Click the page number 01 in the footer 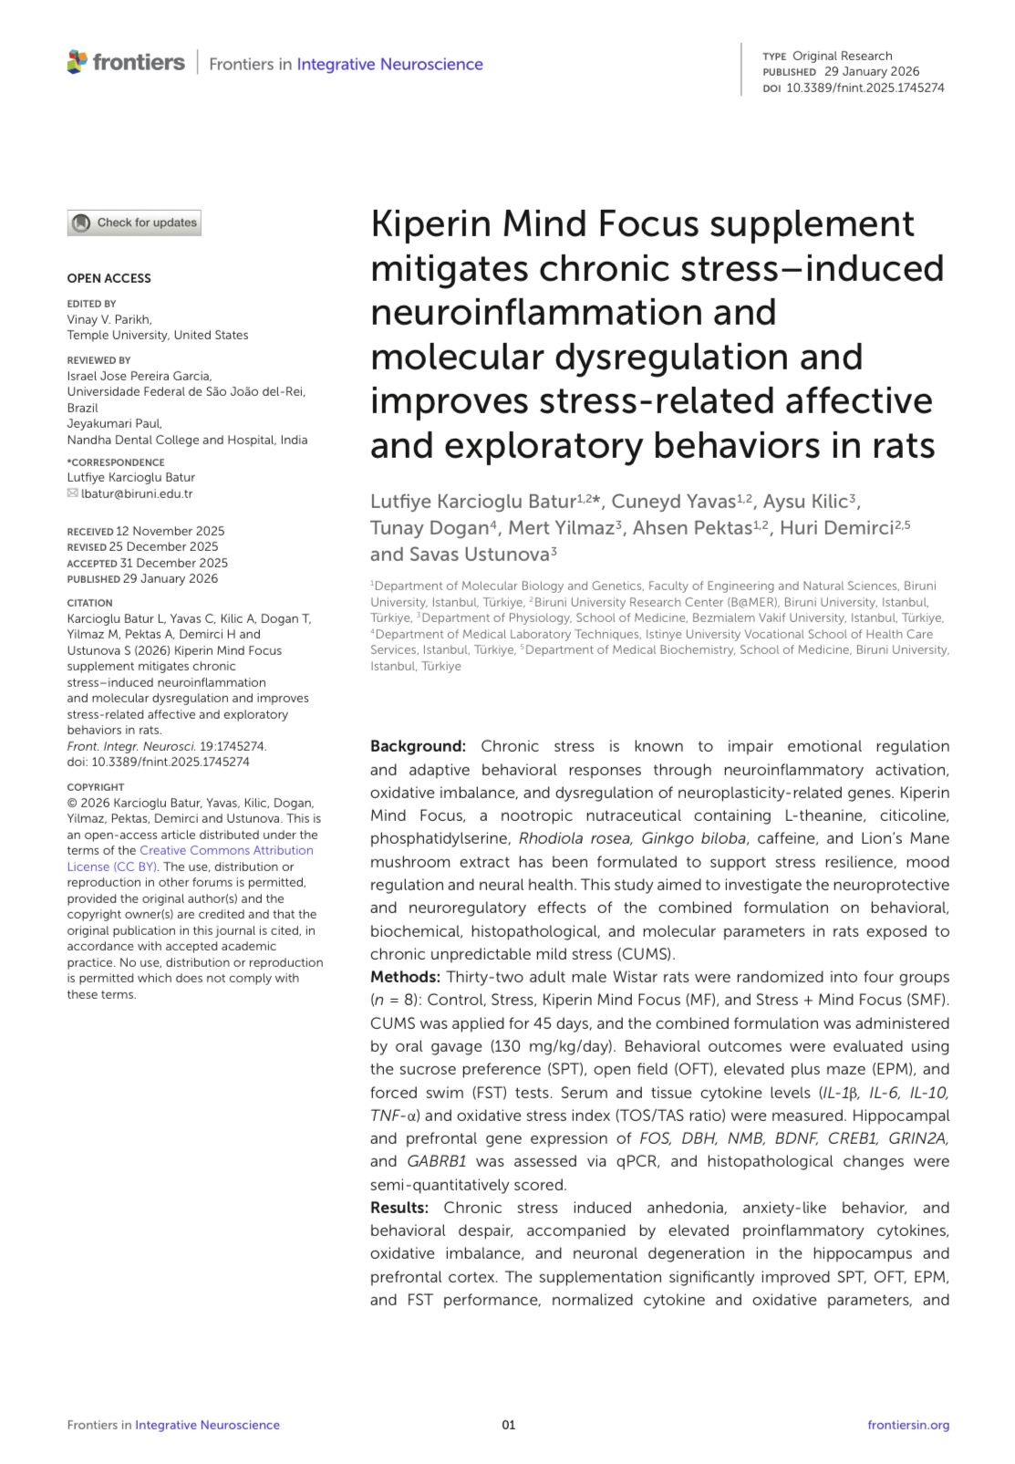[x=508, y=1425]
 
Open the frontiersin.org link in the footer [x=907, y=1425]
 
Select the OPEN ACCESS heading [x=109, y=278]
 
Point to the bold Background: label [x=418, y=746]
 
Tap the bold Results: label [x=399, y=1208]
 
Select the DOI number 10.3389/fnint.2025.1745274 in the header [x=865, y=88]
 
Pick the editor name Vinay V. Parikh [x=109, y=319]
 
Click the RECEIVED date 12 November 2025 [x=171, y=531]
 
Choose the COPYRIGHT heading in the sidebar [x=96, y=786]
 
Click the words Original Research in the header [x=842, y=56]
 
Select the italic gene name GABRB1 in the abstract [x=437, y=1161]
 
